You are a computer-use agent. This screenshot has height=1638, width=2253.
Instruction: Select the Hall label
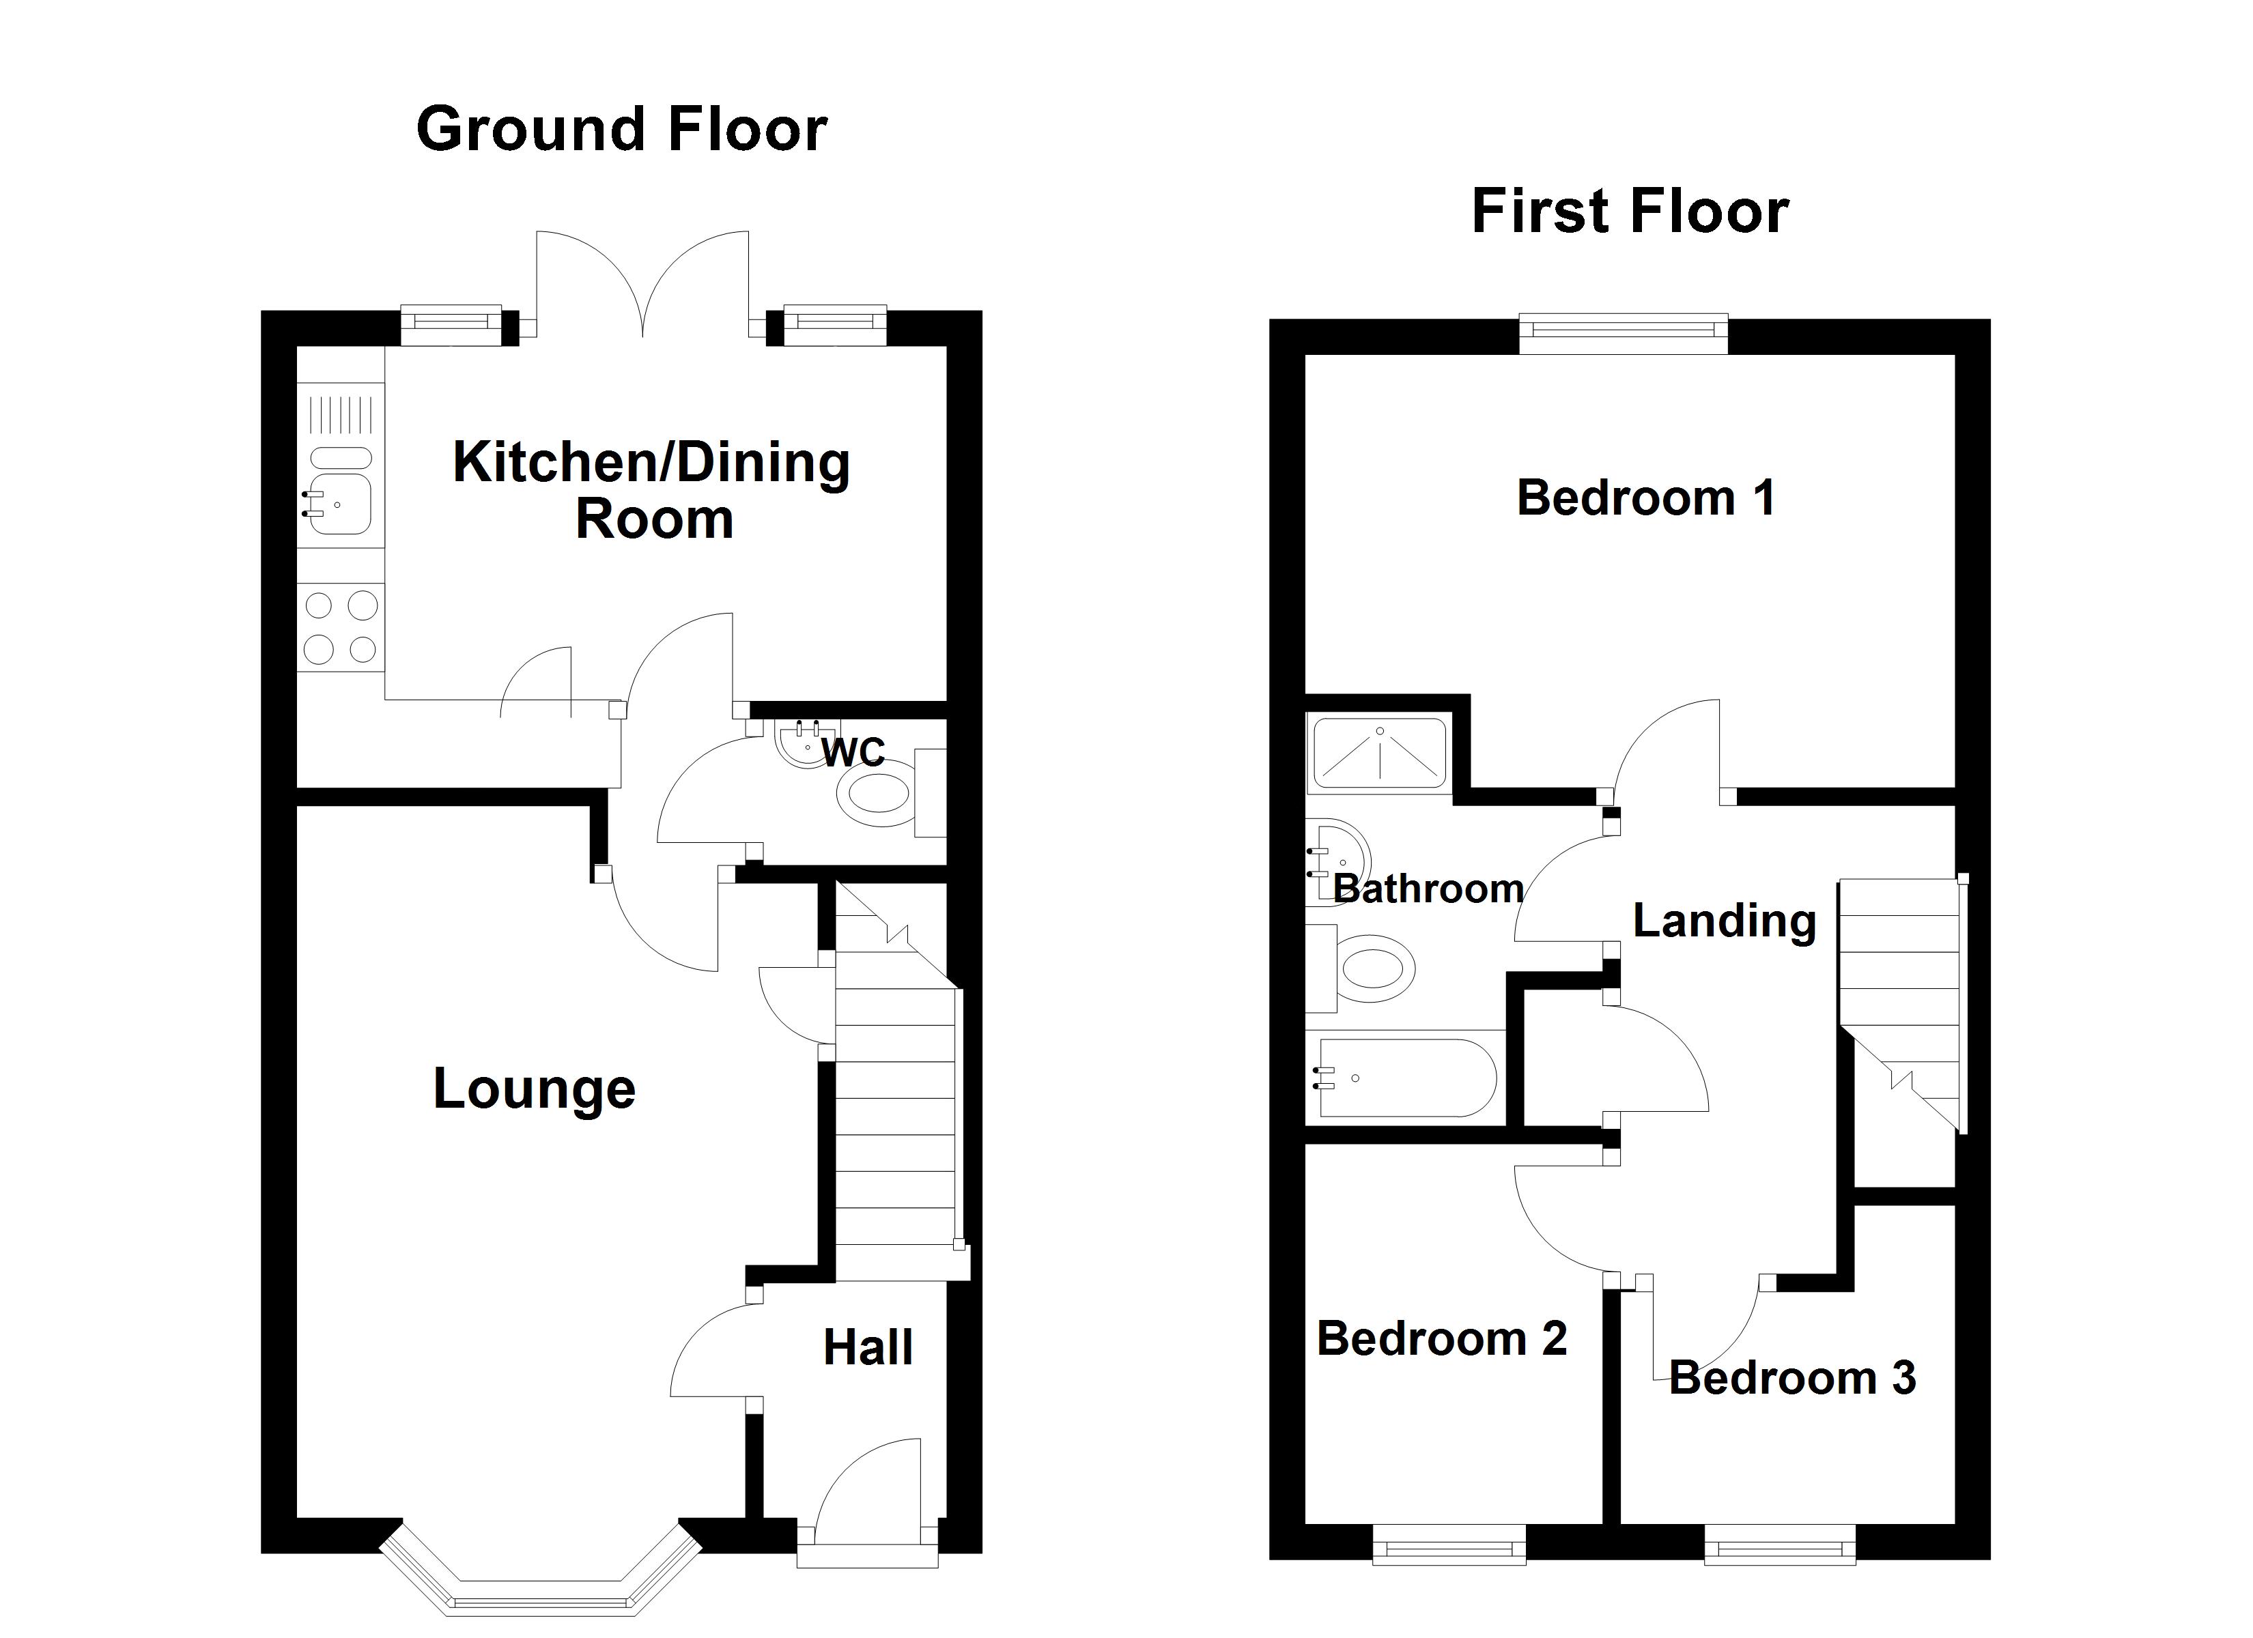(867, 1348)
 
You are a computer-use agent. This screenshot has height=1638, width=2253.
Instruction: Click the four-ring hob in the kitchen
(341, 627)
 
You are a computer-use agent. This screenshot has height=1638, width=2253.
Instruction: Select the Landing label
(1725, 921)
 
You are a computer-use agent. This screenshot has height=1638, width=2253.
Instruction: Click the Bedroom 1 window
(1624, 334)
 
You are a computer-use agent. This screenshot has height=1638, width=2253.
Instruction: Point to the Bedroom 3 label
(1792, 1378)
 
